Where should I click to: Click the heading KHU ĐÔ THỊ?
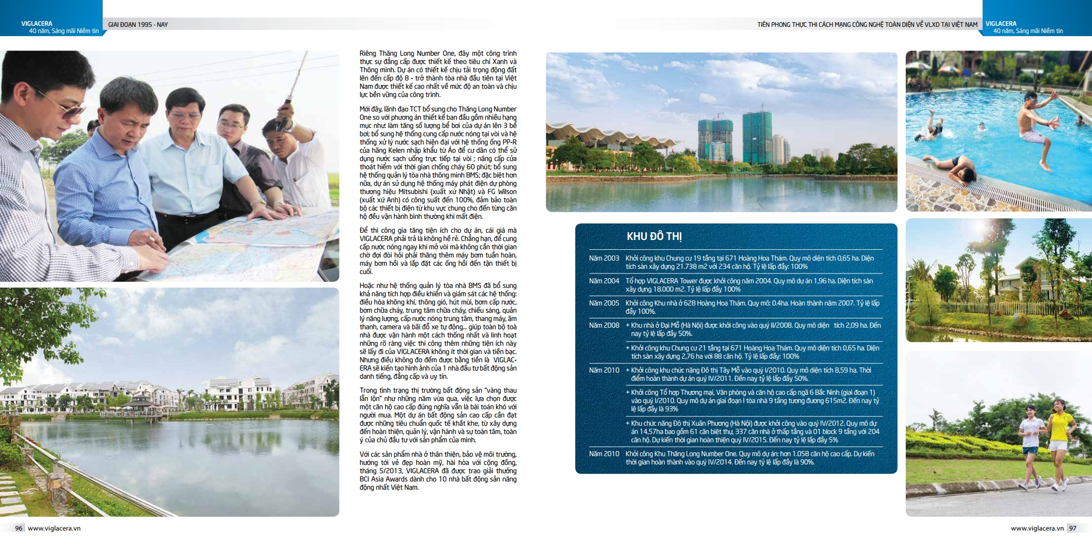[654, 236]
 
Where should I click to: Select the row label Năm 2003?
[604, 258]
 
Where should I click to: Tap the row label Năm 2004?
[604, 281]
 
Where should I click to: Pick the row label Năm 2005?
[604, 303]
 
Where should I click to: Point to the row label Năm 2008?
[604, 325]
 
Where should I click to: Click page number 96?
[19, 528]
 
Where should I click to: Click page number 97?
[1073, 528]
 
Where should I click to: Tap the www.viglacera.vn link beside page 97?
[1037, 528]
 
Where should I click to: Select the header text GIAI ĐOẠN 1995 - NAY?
[138, 24]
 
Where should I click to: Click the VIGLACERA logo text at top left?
[37, 23]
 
